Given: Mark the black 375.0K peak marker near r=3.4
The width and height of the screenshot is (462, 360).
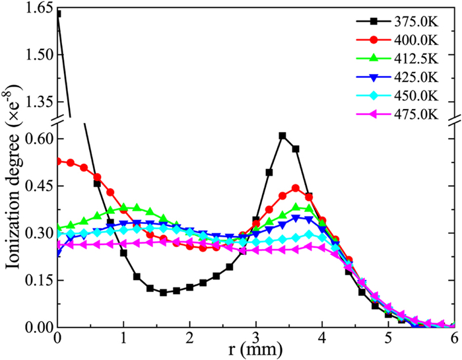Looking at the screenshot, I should pos(282,135).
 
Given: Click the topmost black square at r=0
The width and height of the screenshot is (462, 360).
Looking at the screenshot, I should pos(58,13).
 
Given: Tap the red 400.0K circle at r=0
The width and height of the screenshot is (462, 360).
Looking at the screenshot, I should pos(58,161).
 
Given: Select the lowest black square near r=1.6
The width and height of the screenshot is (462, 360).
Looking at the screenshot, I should pos(163,292).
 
